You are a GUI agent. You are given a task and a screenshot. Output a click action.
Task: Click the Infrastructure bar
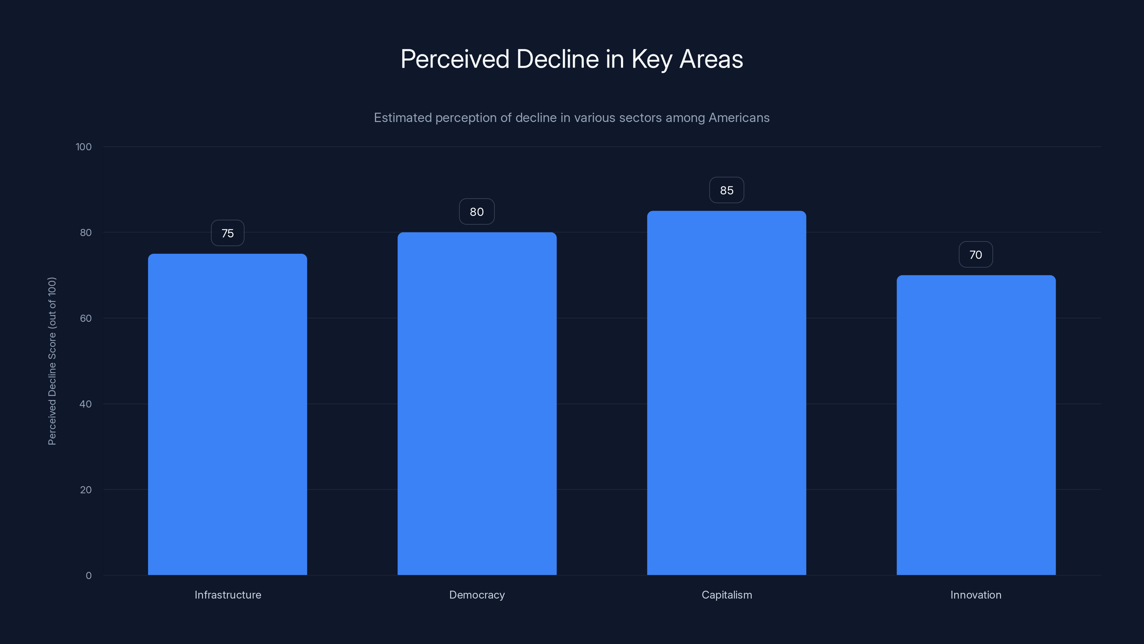pyautogui.click(x=227, y=414)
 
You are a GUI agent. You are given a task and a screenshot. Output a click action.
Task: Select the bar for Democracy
pyautogui.click(x=477, y=404)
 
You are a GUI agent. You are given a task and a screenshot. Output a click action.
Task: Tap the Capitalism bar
pyautogui.click(x=726, y=393)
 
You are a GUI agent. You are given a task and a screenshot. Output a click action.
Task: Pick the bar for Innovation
pyautogui.click(x=976, y=425)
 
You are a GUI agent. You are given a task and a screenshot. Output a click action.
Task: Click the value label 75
pyautogui.click(x=227, y=233)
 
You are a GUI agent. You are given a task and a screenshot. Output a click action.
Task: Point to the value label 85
pyautogui.click(x=726, y=190)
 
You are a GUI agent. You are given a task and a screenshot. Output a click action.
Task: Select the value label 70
pyautogui.click(x=976, y=255)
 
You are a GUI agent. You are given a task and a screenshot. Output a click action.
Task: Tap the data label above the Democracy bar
pyautogui.click(x=477, y=212)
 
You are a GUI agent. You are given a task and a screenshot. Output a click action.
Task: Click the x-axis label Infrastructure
pyautogui.click(x=228, y=595)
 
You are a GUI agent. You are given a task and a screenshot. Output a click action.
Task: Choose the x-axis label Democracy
pyautogui.click(x=477, y=595)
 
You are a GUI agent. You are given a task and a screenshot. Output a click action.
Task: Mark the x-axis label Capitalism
pyautogui.click(x=726, y=595)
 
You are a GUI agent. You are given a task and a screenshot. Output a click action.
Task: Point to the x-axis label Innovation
pyautogui.click(x=976, y=595)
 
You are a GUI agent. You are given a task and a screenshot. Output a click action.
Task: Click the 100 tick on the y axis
pyautogui.click(x=84, y=147)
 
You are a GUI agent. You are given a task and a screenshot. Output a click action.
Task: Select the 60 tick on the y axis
pyautogui.click(x=85, y=318)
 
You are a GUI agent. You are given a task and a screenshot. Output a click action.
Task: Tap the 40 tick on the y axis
pyautogui.click(x=85, y=404)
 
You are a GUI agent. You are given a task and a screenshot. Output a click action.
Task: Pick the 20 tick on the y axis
pyautogui.click(x=85, y=490)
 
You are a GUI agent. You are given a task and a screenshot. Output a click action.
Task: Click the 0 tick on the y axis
pyautogui.click(x=88, y=576)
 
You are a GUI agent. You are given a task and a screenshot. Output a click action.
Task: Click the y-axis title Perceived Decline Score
pyautogui.click(x=52, y=361)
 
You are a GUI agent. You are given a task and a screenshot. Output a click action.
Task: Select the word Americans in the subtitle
pyautogui.click(x=739, y=118)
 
